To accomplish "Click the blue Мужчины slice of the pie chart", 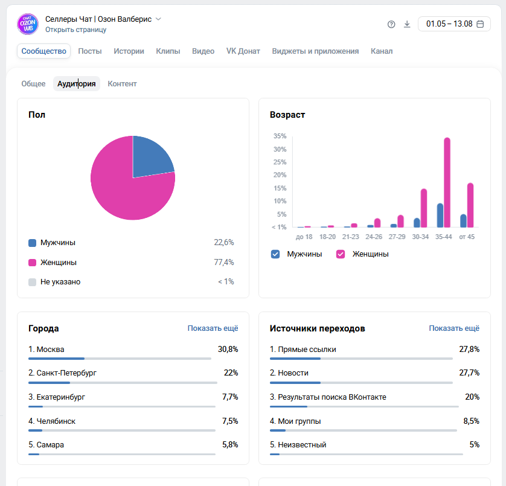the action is pyautogui.click(x=150, y=156).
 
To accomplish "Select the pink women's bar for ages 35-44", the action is pyautogui.click(x=447, y=183).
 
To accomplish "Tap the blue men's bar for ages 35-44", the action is pyautogui.click(x=440, y=216).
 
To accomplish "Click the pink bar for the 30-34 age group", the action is pyautogui.click(x=424, y=208).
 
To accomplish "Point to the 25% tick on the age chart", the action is pyautogui.click(x=280, y=162).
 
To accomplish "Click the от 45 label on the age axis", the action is pyautogui.click(x=467, y=237).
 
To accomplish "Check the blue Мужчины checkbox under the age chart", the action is pyautogui.click(x=275, y=254).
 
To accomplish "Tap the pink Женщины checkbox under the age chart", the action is pyautogui.click(x=341, y=254).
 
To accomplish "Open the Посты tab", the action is pyautogui.click(x=90, y=51).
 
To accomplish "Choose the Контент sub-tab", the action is pyautogui.click(x=122, y=83).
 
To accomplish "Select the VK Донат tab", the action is pyautogui.click(x=243, y=51).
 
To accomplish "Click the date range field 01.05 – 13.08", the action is pyautogui.click(x=454, y=24).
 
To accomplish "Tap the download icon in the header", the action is pyautogui.click(x=407, y=24).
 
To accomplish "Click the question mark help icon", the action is pyautogui.click(x=391, y=24).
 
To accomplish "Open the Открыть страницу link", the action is pyautogui.click(x=76, y=30).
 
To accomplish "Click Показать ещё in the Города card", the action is pyautogui.click(x=213, y=328).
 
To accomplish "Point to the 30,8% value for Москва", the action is pyautogui.click(x=228, y=349).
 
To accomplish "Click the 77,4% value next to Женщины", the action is pyautogui.click(x=224, y=262).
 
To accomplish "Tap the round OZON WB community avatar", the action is pyautogui.click(x=28, y=24).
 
